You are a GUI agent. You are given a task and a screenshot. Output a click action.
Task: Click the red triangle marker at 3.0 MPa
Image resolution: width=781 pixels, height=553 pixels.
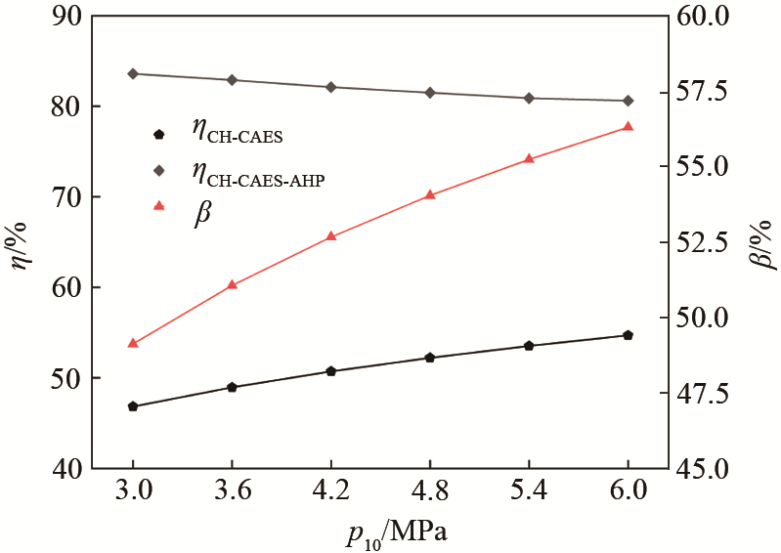(133, 343)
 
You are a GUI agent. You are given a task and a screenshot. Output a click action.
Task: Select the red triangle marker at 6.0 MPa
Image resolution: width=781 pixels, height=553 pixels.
(628, 126)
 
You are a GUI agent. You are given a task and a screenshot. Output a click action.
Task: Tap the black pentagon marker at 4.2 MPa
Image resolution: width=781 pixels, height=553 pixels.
(330, 371)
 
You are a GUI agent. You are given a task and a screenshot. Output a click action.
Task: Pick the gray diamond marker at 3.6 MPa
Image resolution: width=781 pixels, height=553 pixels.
(232, 80)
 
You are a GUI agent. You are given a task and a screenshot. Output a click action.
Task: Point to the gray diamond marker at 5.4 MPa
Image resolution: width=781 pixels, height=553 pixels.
(529, 98)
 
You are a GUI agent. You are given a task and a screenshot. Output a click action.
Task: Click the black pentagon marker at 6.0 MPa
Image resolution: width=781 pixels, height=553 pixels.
(628, 335)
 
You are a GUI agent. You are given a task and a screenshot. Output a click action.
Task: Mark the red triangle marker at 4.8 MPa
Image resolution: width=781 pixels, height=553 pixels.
(430, 194)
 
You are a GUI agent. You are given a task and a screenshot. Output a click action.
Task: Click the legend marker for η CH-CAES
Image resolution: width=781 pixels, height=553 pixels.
(159, 133)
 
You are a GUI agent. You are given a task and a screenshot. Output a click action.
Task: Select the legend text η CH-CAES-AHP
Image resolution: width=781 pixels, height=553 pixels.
(258, 173)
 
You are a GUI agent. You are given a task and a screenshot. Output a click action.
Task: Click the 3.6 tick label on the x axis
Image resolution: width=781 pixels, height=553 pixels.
(232, 491)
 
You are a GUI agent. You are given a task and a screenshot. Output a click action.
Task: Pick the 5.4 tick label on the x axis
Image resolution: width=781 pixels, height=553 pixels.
(529, 491)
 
